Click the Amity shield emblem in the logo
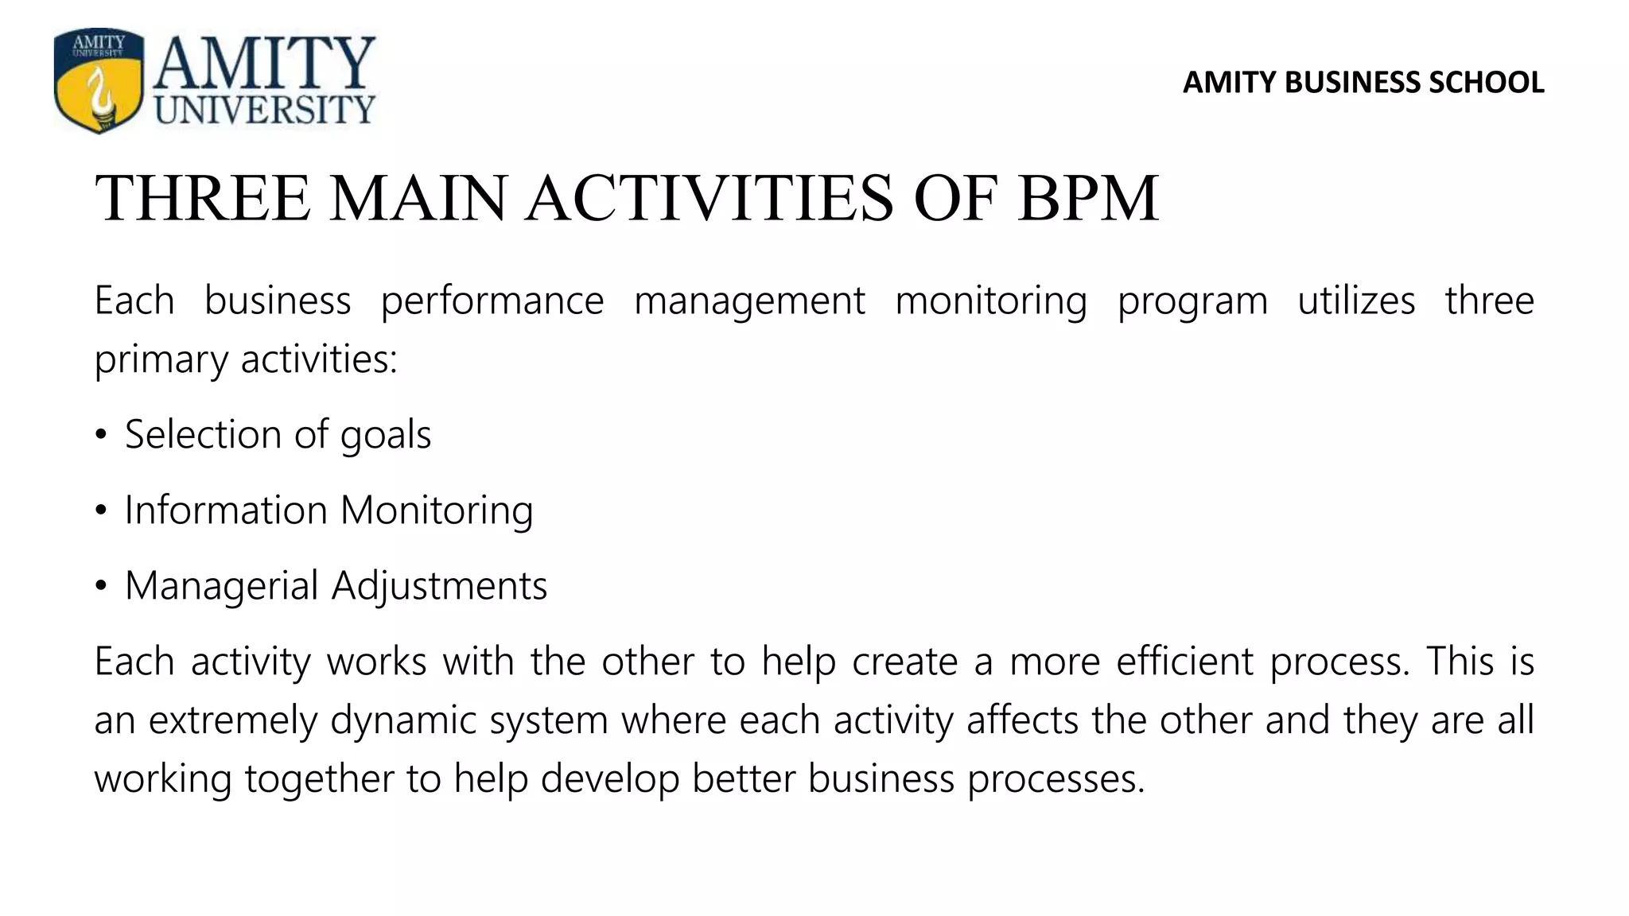point(99,80)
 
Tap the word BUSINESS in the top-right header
point(1352,83)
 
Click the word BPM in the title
point(1087,198)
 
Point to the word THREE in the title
point(203,198)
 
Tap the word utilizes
point(1356,301)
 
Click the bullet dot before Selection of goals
point(100,436)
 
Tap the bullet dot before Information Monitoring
point(100,511)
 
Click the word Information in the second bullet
point(226,510)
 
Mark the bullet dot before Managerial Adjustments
point(100,587)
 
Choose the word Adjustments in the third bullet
point(439,587)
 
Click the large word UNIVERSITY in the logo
point(265,108)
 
